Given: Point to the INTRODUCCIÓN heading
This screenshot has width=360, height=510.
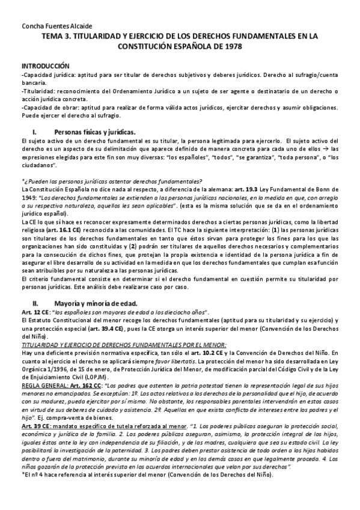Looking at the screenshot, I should click(x=46, y=65).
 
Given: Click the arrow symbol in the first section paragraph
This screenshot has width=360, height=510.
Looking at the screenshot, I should click(x=322, y=149).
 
